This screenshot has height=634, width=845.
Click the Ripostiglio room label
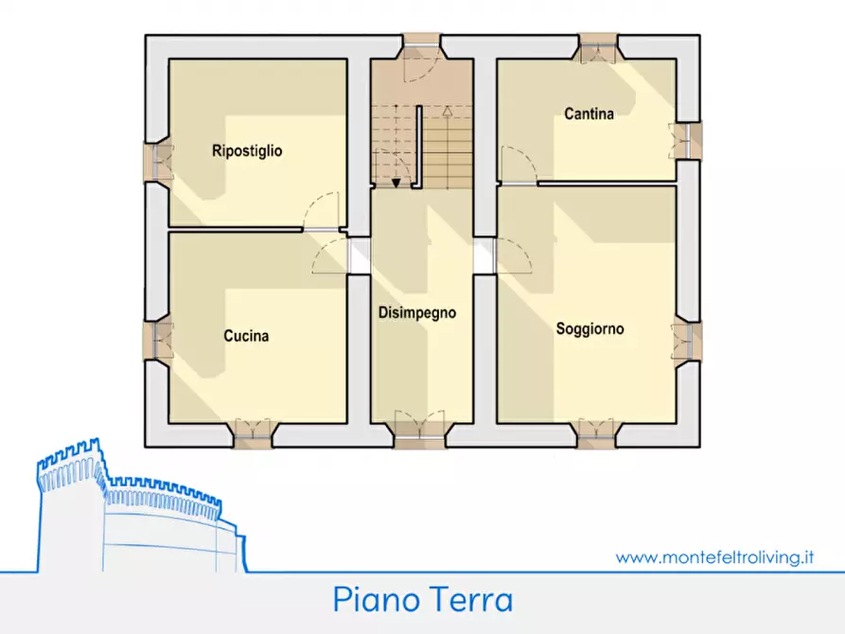click(247, 150)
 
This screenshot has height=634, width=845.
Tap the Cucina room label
click(246, 336)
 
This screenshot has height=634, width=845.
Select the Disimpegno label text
click(417, 312)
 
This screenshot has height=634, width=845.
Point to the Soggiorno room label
click(590, 329)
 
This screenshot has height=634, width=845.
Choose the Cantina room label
click(589, 114)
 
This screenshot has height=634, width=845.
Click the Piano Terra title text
click(422, 600)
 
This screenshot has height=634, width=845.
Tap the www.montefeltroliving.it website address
click(714, 557)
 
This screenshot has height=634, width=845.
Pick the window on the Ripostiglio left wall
click(157, 161)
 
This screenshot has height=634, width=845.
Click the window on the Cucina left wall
click(157, 339)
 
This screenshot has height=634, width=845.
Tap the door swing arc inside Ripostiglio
click(322, 207)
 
